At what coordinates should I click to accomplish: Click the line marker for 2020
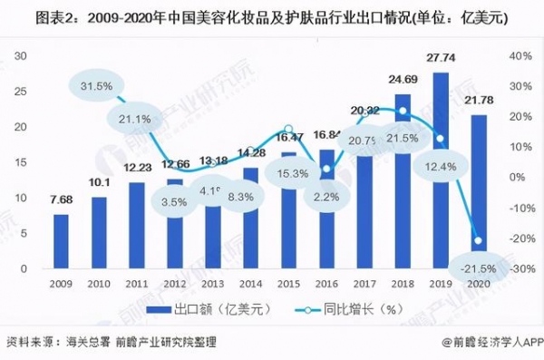click(x=477, y=240)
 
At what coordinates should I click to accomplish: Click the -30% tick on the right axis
click(x=520, y=269)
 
